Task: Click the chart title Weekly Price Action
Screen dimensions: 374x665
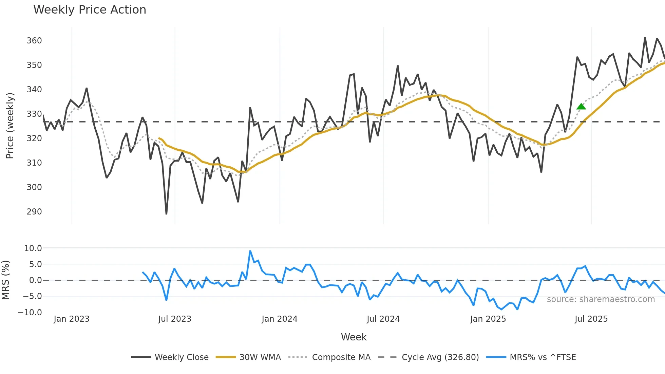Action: tap(90, 10)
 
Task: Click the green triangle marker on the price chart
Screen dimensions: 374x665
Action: tap(581, 107)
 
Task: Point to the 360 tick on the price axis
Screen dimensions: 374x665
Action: tap(34, 41)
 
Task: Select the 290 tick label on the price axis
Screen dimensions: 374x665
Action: tap(34, 212)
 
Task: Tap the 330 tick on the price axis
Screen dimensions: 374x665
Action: tap(34, 114)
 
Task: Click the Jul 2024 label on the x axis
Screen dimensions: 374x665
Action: tap(383, 319)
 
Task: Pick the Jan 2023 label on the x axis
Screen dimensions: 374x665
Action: tap(72, 319)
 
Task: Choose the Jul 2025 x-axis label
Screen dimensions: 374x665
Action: tap(591, 319)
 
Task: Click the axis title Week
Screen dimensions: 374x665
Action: tap(354, 337)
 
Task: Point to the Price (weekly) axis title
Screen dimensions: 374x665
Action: tap(10, 126)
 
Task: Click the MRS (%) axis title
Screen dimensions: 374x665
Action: tap(5, 280)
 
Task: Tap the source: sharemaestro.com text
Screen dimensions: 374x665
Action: tap(601, 299)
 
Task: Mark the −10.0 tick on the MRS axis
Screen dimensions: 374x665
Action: tap(30, 313)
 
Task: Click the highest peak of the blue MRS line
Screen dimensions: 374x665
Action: tap(250, 251)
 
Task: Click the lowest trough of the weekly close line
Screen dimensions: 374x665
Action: tap(166, 214)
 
